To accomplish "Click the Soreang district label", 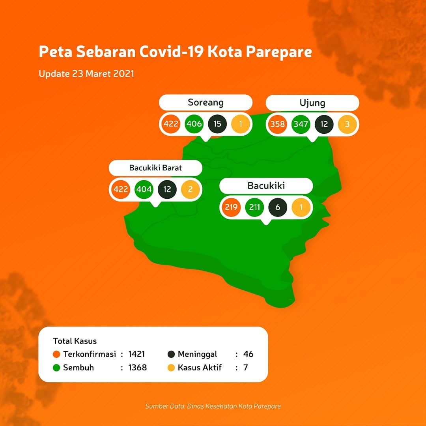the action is tap(206, 103).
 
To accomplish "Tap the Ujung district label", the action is tap(312, 103).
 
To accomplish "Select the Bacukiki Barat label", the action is tap(155, 168).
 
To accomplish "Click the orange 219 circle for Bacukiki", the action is tap(231, 207).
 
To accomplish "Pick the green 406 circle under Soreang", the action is tap(194, 124).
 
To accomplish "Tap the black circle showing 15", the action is tap(217, 124).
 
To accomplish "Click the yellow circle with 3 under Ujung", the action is tap(347, 124).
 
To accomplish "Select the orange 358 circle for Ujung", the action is tap(277, 124).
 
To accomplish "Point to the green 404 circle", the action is tap(144, 189).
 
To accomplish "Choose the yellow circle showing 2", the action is tap(191, 189).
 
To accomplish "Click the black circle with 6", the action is tap(278, 207).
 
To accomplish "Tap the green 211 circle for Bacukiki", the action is tap(254, 207).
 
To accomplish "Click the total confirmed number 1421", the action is tap(136, 354).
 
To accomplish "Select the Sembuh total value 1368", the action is tap(138, 368).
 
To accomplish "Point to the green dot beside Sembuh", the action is tap(56, 368).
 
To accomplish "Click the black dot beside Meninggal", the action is tap(171, 354).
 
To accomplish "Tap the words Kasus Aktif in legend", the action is tap(200, 368).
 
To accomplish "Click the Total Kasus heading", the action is tap(75, 341).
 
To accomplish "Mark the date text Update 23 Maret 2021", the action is tap(86, 74).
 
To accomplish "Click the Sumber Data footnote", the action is tap(213, 406).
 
